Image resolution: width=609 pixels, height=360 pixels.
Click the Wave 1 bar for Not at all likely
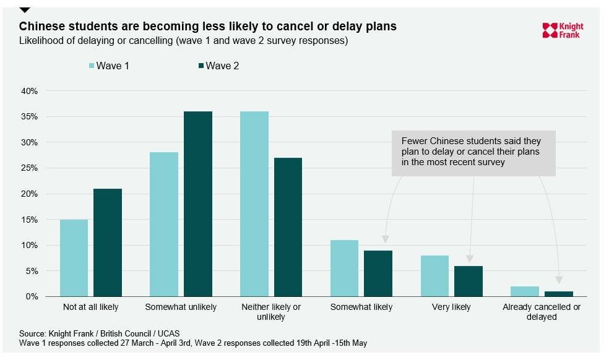pyautogui.click(x=74, y=258)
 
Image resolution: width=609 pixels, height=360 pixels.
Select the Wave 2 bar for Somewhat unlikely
pyautogui.click(x=198, y=204)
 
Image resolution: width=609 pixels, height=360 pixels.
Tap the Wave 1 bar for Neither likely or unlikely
pyautogui.click(x=254, y=204)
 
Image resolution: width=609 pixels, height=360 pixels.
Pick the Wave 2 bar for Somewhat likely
pyautogui.click(x=378, y=273)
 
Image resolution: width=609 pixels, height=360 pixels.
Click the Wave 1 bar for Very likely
pyautogui.click(x=434, y=276)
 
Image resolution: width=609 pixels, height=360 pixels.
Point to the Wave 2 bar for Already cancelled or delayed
pyautogui.click(x=559, y=294)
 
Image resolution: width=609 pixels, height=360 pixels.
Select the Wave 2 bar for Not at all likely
pyautogui.click(x=108, y=242)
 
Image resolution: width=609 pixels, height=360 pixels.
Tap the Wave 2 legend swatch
pyautogui.click(x=201, y=66)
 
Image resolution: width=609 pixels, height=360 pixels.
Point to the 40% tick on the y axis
pyautogui.click(x=29, y=91)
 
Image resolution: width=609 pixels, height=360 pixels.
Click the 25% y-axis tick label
pyautogui.click(x=29, y=168)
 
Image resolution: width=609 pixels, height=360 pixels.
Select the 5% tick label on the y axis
pyautogui.click(x=32, y=271)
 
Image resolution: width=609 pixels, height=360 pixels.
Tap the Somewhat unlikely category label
pyautogui.click(x=181, y=307)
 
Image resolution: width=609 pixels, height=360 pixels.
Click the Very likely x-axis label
pyautogui.click(x=451, y=307)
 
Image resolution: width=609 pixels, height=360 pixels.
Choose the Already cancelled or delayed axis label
pyautogui.click(x=542, y=312)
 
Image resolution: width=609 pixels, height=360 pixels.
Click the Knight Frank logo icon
pyautogui.click(x=550, y=30)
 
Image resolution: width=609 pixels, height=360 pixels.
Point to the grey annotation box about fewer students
pyautogui.click(x=474, y=152)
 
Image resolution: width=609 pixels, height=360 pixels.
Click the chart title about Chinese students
pyautogui.click(x=207, y=27)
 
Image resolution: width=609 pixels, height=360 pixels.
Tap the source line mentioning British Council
pyautogui.click(x=99, y=333)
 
